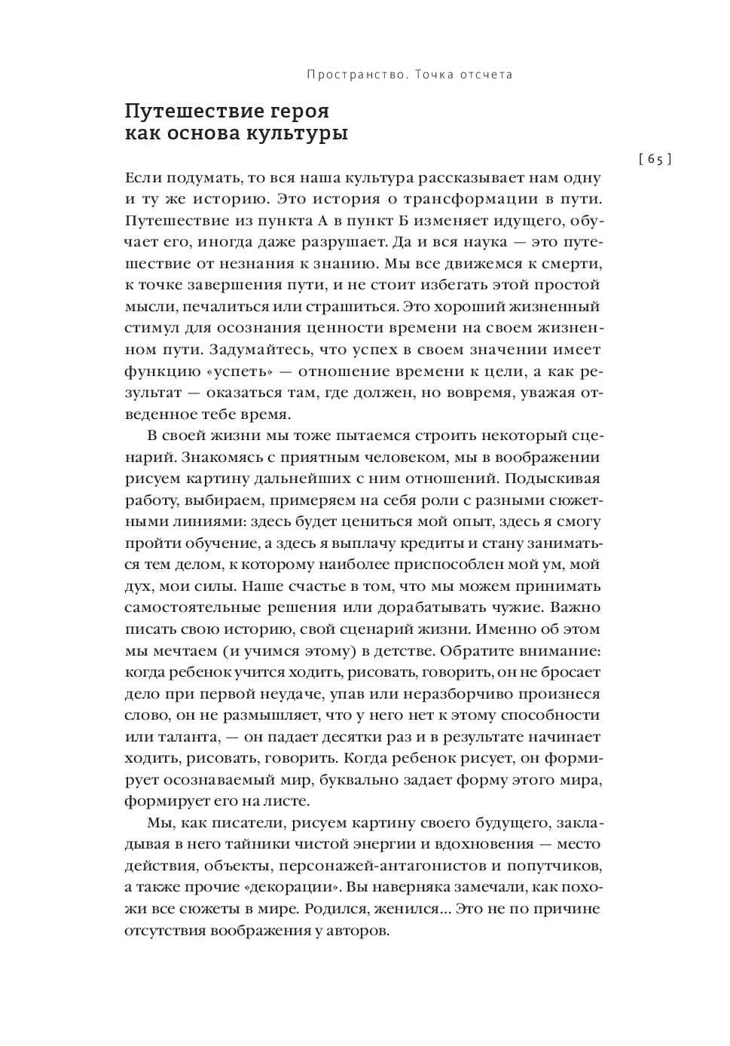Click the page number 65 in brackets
point(654,159)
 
